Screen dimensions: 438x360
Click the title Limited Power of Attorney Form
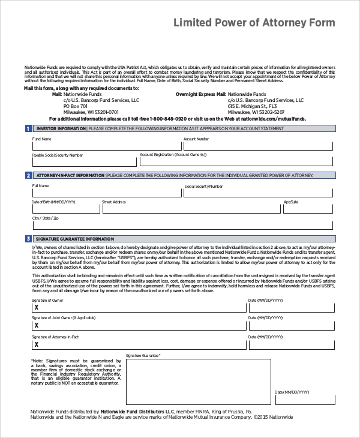(x=254, y=23)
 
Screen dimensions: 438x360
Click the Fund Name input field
(x=107, y=145)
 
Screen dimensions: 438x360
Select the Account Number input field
(x=257, y=145)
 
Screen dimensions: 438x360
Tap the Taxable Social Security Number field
(x=84, y=161)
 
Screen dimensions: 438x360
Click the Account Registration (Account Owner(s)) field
(x=236, y=161)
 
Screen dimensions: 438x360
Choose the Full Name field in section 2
(x=107, y=193)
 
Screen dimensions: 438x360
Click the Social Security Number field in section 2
(x=258, y=193)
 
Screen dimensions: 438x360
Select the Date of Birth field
(x=65, y=208)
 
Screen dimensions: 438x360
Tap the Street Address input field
(x=191, y=208)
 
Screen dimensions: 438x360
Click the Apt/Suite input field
(x=308, y=208)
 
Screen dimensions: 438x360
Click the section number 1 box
(x=28, y=128)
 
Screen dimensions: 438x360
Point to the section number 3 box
(x=28, y=239)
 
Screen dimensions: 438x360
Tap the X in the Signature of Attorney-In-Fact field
(x=37, y=345)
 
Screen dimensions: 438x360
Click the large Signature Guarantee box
(x=198, y=382)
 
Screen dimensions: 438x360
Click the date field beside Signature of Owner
(x=290, y=307)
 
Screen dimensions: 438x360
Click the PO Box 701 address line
(x=76, y=106)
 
